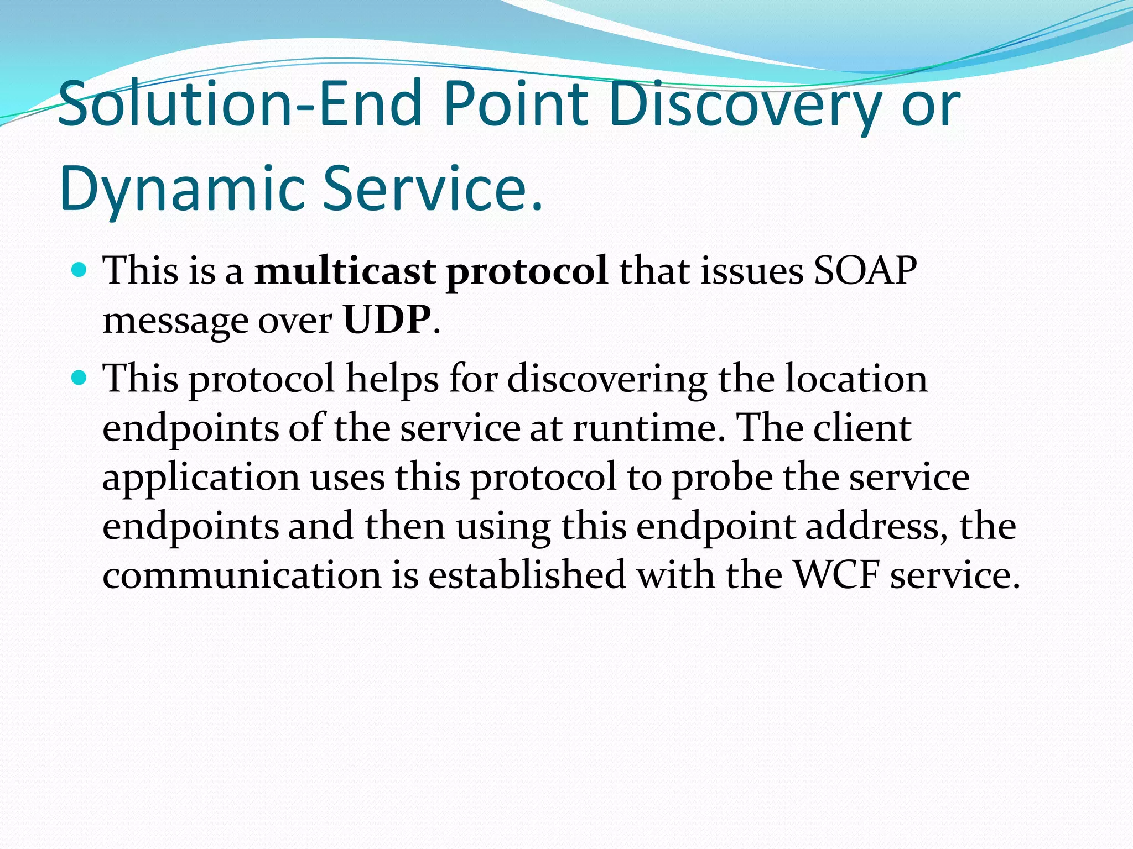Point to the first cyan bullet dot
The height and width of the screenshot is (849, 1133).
(x=80, y=270)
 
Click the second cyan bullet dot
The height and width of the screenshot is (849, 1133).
(x=80, y=379)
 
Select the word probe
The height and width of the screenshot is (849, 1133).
(x=722, y=478)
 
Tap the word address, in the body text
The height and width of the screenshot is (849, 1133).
(x=876, y=526)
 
